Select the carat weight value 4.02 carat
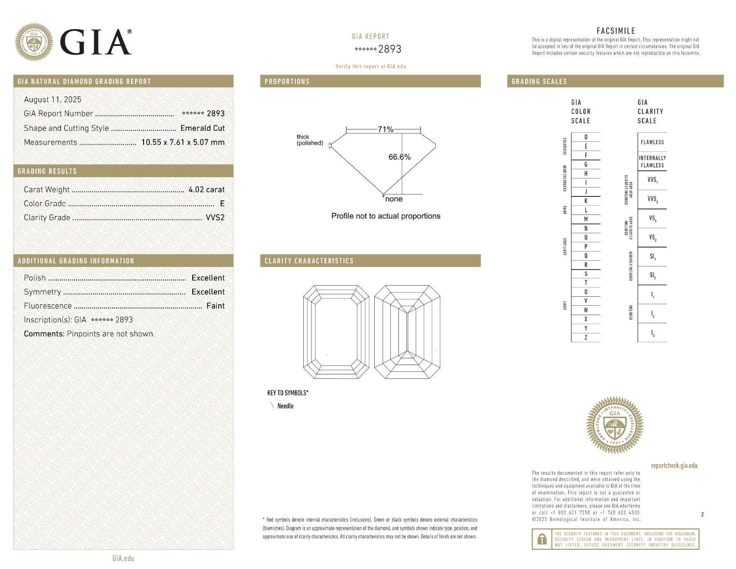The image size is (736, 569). click(207, 189)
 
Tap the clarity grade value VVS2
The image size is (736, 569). click(215, 217)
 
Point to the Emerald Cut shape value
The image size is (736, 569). click(202, 128)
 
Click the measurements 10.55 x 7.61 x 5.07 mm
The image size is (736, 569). click(183, 142)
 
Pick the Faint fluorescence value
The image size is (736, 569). click(215, 306)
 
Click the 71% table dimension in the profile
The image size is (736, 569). click(385, 129)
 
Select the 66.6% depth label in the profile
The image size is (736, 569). click(399, 157)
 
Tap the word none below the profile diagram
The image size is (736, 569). click(393, 199)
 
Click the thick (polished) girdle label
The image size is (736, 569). click(310, 140)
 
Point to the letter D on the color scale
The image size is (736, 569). click(586, 137)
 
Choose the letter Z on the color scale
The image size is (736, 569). click(586, 337)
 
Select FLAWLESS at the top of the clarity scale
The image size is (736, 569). click(652, 142)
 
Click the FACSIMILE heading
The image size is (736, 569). click(616, 31)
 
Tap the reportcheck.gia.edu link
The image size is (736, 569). click(674, 465)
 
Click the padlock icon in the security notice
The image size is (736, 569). click(542, 539)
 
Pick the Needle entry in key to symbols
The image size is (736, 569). click(285, 406)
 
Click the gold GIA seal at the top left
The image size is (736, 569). click(34, 42)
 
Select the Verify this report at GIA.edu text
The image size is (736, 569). click(371, 66)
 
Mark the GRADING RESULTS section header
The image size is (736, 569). click(47, 171)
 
